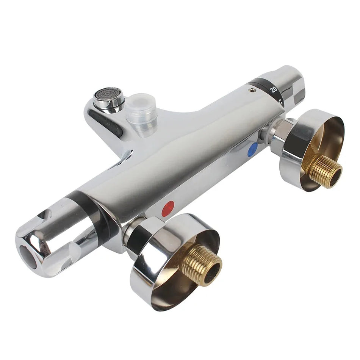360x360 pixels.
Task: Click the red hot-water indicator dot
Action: (x=168, y=209)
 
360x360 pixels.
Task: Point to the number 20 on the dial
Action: (x=274, y=90)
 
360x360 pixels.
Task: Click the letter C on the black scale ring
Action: (x=280, y=102)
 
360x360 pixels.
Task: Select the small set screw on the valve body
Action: (x=250, y=90)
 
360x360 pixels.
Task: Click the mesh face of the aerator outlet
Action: (x=108, y=94)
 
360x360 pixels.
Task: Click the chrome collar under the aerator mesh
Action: (x=109, y=105)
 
